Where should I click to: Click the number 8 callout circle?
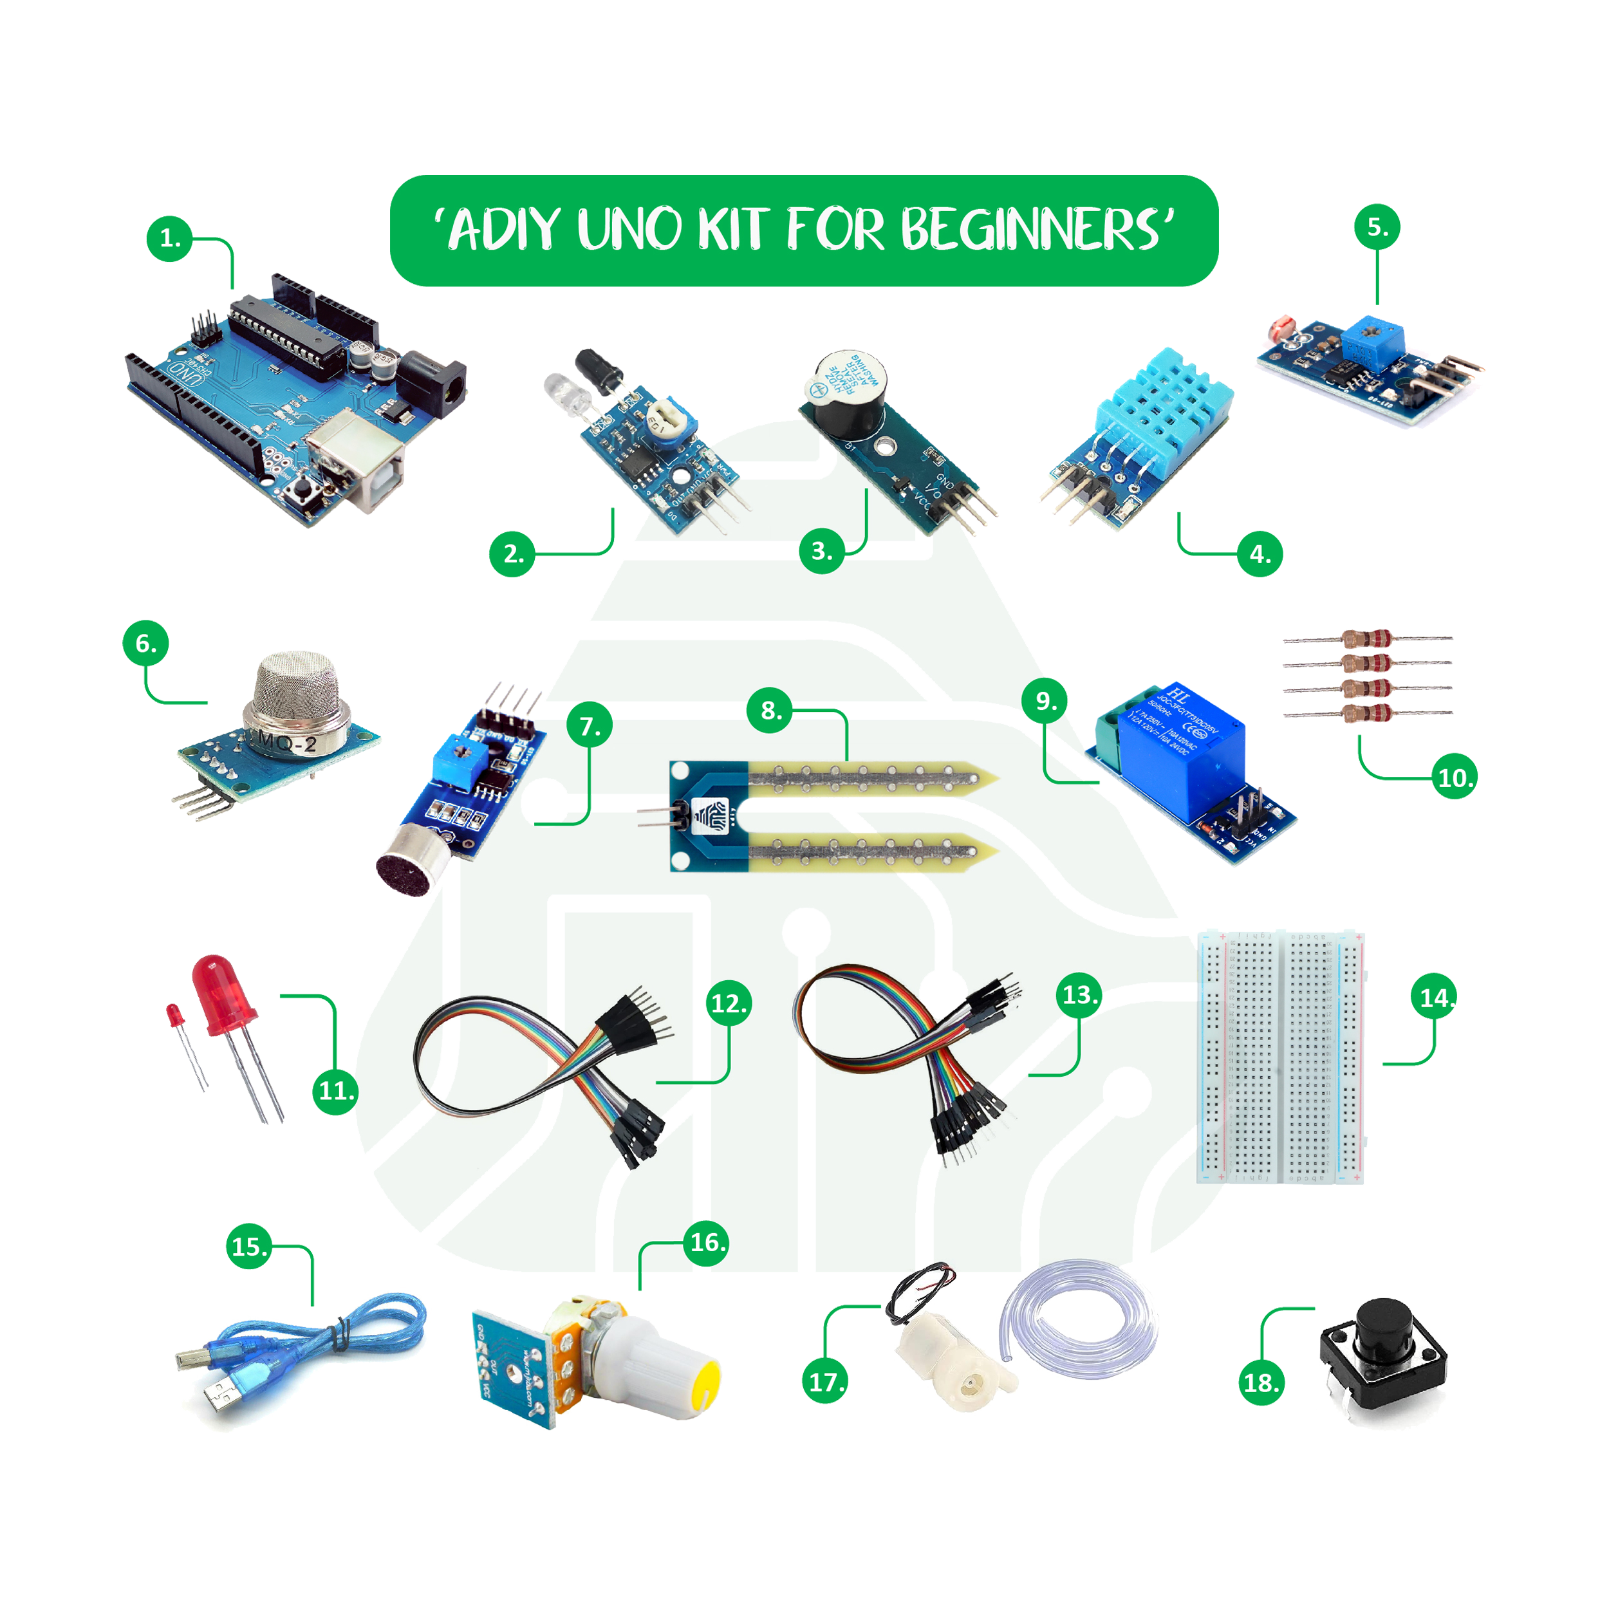click(x=770, y=711)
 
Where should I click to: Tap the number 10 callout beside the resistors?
click(x=1455, y=778)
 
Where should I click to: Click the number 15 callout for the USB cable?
click(x=248, y=1247)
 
